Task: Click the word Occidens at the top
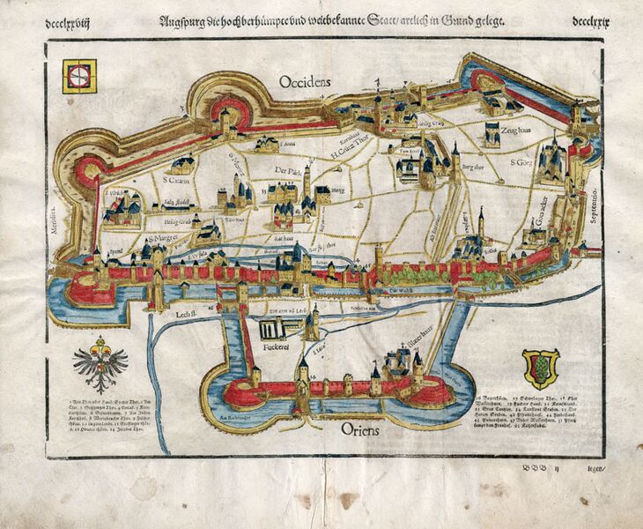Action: pos(305,82)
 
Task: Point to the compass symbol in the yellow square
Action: pos(78,77)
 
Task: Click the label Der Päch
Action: pos(287,170)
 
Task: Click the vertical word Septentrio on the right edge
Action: pos(592,203)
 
